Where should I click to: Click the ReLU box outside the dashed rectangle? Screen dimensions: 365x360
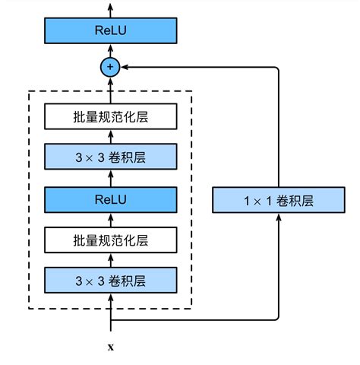111,31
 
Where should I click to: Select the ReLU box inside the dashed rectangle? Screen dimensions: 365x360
111,199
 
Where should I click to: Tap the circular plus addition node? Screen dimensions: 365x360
111,68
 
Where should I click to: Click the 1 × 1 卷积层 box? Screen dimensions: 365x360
279,201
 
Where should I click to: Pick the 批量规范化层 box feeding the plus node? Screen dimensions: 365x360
111,117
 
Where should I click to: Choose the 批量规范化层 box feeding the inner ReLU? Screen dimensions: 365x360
111,240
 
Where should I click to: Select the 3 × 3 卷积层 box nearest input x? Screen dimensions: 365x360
111,281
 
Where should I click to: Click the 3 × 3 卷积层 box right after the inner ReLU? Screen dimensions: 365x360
111,158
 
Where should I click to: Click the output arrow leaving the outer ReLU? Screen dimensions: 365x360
111,9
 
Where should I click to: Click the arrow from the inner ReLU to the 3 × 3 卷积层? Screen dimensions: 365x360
111,179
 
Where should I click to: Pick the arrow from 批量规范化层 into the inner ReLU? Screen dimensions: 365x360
111,220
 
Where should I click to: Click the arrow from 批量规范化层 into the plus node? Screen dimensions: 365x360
111,91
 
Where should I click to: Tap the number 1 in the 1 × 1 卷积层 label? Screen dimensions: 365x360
247,202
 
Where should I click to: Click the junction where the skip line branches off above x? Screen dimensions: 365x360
111,319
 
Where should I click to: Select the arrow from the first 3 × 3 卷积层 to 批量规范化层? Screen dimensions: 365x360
111,261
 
